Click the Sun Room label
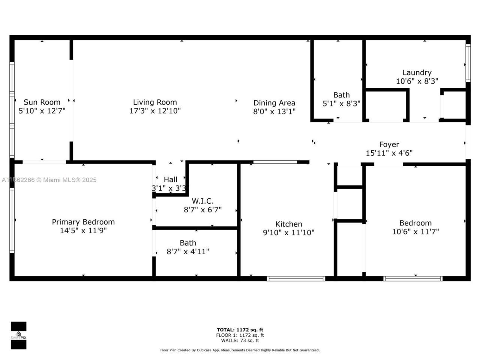[42, 102]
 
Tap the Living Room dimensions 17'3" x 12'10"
[155, 111]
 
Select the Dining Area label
[274, 103]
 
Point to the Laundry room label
[417, 72]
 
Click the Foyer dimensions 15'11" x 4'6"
[389, 153]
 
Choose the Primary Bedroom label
[83, 222]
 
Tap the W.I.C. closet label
[202, 201]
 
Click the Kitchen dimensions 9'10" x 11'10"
[288, 233]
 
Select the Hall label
[170, 180]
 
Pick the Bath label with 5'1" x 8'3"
[341, 95]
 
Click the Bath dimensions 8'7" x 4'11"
[187, 252]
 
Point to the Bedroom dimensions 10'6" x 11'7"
[415, 232]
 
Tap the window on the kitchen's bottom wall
[296, 279]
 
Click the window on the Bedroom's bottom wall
[413, 279]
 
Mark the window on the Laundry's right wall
[468, 63]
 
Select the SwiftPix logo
[18, 335]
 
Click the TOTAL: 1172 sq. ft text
[240, 330]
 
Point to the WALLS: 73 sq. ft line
[240, 340]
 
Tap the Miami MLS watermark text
[49, 180]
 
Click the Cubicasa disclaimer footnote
[240, 350]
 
